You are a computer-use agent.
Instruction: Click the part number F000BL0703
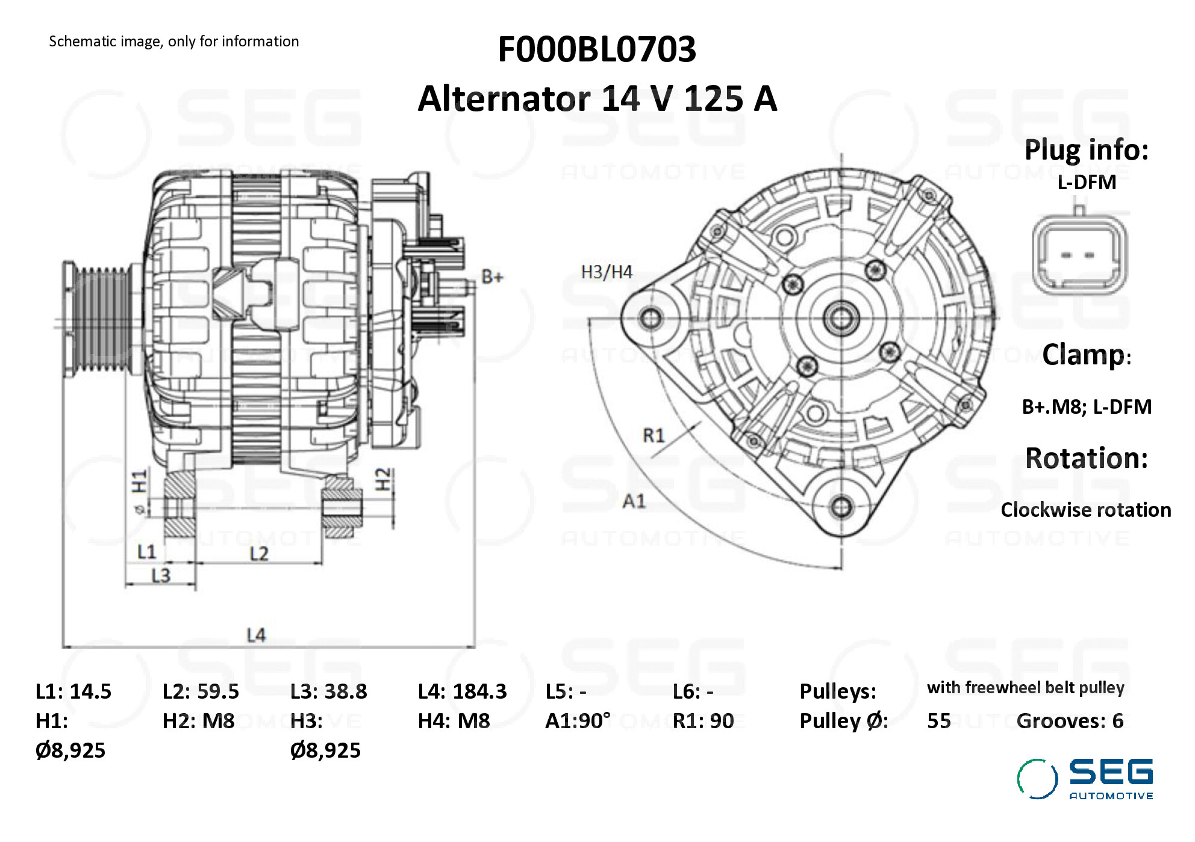click(x=596, y=49)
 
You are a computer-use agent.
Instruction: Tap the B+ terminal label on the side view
click(x=492, y=277)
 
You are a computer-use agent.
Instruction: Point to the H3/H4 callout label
click(x=607, y=272)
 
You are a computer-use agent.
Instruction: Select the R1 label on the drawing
click(x=654, y=435)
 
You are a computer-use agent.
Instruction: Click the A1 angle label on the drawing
click(x=634, y=501)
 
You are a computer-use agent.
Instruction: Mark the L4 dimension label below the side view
click(x=256, y=635)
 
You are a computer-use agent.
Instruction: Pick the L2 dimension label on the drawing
click(x=259, y=554)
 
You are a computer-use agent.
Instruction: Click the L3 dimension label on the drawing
click(x=161, y=576)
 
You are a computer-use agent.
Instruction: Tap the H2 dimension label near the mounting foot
click(x=383, y=479)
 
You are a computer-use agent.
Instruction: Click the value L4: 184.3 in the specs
click(x=462, y=691)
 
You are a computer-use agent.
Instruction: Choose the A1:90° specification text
click(x=578, y=721)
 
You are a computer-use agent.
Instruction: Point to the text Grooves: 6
click(x=1070, y=721)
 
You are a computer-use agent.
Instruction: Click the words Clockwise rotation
click(x=1086, y=510)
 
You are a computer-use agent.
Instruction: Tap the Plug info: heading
click(x=1087, y=151)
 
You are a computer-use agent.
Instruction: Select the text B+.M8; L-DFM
click(x=1087, y=407)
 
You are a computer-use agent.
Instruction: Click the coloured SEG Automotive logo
click(x=1085, y=779)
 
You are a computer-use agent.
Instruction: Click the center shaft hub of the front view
click(x=841, y=317)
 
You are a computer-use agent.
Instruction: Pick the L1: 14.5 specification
click(x=73, y=691)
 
